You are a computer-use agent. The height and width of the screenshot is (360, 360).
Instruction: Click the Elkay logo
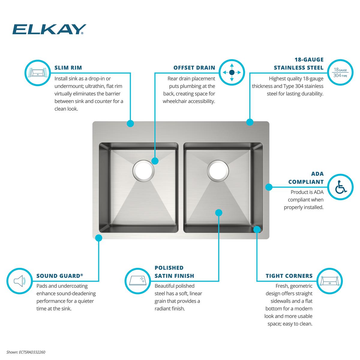[49, 29]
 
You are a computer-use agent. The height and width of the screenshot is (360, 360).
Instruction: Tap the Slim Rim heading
[68, 67]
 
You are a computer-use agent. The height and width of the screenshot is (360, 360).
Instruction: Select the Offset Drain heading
[194, 67]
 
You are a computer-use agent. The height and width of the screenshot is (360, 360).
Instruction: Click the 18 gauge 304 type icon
[340, 73]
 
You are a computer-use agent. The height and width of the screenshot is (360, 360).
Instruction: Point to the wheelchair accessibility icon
[340, 187]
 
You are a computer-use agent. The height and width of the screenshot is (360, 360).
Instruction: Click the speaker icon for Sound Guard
[19, 281]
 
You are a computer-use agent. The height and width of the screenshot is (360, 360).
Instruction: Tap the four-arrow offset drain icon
[232, 73]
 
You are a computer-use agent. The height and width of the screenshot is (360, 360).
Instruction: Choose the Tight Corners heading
[289, 276]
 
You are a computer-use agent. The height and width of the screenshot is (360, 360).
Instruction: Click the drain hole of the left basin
[144, 171]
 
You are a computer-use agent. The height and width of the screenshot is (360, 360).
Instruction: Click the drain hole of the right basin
[218, 171]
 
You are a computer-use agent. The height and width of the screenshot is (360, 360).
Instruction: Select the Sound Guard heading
[60, 276]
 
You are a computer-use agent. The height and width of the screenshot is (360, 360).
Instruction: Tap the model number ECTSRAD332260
[32, 352]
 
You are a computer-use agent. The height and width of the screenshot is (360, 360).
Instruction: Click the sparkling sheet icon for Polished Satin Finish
[138, 281]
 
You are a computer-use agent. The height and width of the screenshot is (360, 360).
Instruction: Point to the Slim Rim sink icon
[38, 73]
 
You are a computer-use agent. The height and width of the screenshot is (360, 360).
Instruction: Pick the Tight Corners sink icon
[330, 281]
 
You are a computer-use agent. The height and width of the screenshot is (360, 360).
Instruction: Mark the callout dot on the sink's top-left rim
[130, 124]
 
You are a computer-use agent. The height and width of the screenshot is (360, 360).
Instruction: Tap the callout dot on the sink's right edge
[269, 187]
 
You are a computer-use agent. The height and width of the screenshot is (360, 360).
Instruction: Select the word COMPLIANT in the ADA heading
[306, 182]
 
